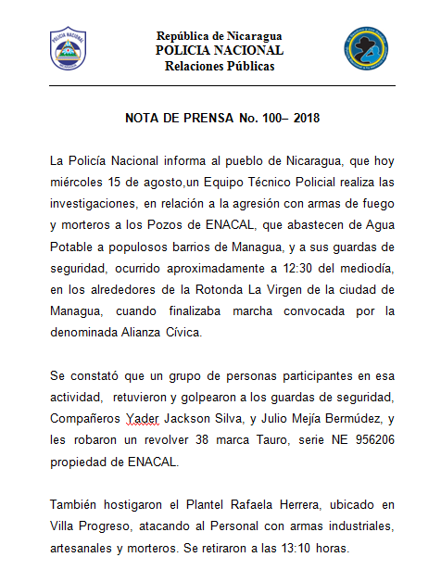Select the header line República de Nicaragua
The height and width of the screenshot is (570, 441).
pyautogui.click(x=220, y=35)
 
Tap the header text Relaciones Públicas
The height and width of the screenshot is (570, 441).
pyautogui.click(x=220, y=66)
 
